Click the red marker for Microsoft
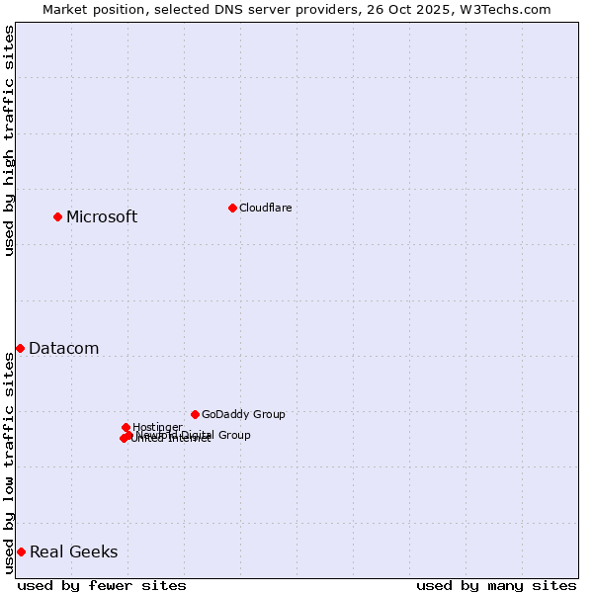[x=57, y=216]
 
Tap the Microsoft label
[x=102, y=217]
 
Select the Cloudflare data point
[x=232, y=208]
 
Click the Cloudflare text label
[x=265, y=208]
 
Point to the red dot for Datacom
[x=20, y=348]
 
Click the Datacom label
[x=63, y=349]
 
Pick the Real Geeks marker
[x=21, y=551]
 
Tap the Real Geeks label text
[x=73, y=552]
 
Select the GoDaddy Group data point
[x=195, y=414]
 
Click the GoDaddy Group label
[x=243, y=415]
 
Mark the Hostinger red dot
[x=126, y=427]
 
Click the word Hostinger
[x=157, y=428]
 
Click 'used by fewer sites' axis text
[x=102, y=585]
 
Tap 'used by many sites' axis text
[x=496, y=585]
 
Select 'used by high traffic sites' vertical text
[x=9, y=140]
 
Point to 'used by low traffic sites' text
[x=9, y=463]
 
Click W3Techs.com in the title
[x=510, y=10]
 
